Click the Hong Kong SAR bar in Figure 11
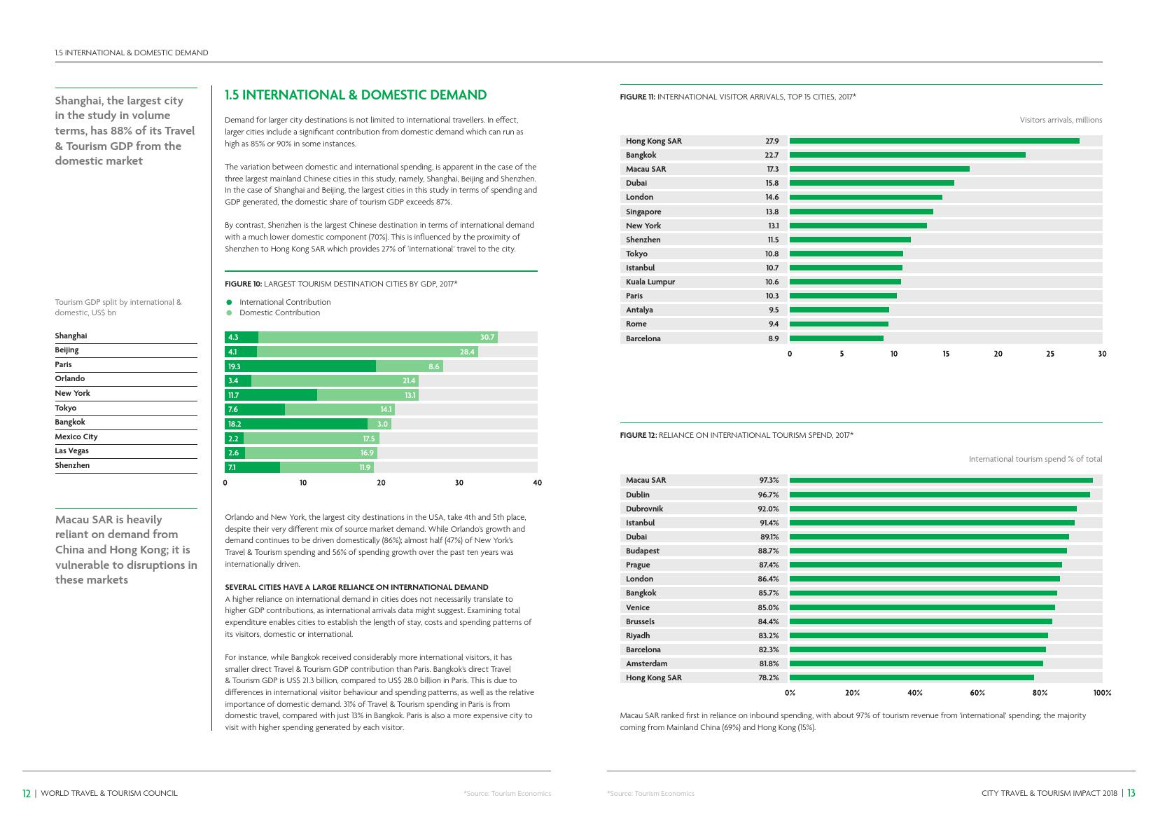click(934, 141)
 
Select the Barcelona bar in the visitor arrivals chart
click(836, 338)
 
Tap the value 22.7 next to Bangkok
click(772, 155)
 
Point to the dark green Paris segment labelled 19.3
click(300, 366)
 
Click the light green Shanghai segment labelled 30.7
click(378, 337)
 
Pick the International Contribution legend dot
click(228, 302)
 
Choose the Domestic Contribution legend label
click(279, 312)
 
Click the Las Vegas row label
click(72, 450)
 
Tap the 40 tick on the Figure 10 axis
click(537, 483)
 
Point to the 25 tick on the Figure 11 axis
click(1049, 354)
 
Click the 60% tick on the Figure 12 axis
click(977, 693)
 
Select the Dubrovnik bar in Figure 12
click(933, 509)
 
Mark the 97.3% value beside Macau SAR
click(769, 480)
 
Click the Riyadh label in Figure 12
click(638, 635)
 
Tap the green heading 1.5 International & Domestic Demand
click(356, 95)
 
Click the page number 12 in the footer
click(27, 793)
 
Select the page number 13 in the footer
click(1131, 793)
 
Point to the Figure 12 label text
click(638, 435)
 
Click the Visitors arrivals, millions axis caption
click(1061, 120)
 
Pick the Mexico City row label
click(76, 436)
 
